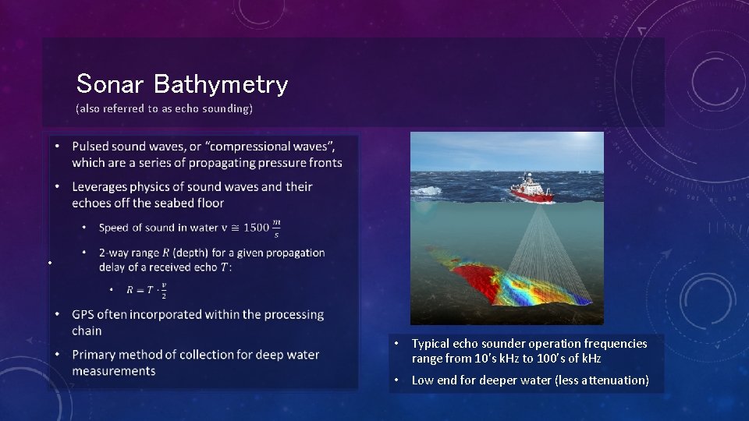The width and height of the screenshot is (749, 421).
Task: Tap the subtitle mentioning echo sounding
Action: point(164,108)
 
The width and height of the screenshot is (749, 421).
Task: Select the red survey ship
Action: point(532,190)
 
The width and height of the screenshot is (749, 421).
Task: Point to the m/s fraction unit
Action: point(276,228)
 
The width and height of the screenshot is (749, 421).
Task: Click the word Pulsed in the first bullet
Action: point(91,146)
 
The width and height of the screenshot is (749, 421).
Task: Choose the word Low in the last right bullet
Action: point(424,380)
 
